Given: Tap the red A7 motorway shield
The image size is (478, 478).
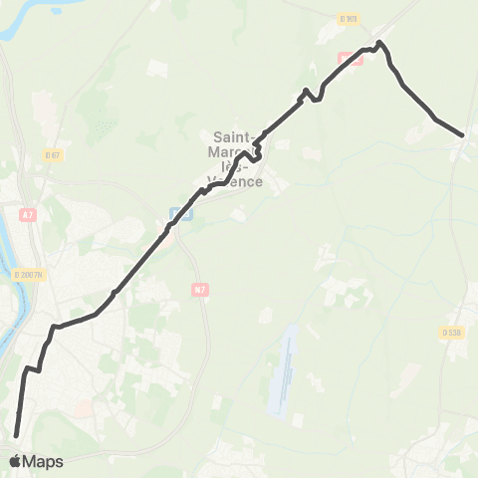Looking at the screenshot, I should pos(28,213).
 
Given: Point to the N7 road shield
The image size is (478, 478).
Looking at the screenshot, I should pos(198,289).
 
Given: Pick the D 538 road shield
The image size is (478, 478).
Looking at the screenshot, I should pos(449,333).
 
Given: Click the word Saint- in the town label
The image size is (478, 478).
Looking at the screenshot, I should pos(235,136).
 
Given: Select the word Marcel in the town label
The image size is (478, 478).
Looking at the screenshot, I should pos(231,151).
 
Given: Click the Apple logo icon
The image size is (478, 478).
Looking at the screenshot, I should pos(15,461).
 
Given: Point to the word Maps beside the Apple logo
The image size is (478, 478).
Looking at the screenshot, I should pos(43,461).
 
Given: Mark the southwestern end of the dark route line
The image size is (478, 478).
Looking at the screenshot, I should pos(17,434).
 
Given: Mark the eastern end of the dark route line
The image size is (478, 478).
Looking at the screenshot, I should pos(463,134).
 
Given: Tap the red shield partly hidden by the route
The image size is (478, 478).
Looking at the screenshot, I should pos(354,58).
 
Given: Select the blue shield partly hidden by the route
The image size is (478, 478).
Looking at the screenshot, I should pos(178,212).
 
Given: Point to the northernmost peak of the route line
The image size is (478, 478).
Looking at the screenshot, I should pos(379,42).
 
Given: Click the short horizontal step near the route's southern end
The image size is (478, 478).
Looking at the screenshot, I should pos(32,368).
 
